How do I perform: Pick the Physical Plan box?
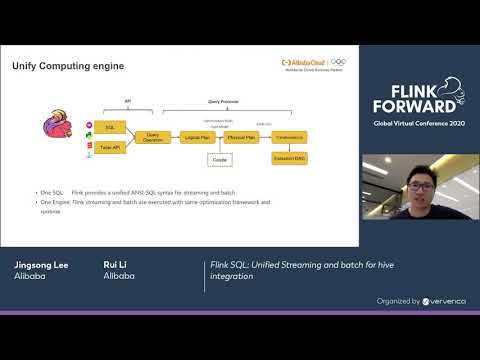point(240,137)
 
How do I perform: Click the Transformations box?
point(289,137)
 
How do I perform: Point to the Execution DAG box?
point(289,158)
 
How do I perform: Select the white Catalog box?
point(219,159)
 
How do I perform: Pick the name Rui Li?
point(117,265)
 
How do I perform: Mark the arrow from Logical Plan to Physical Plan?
point(219,137)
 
